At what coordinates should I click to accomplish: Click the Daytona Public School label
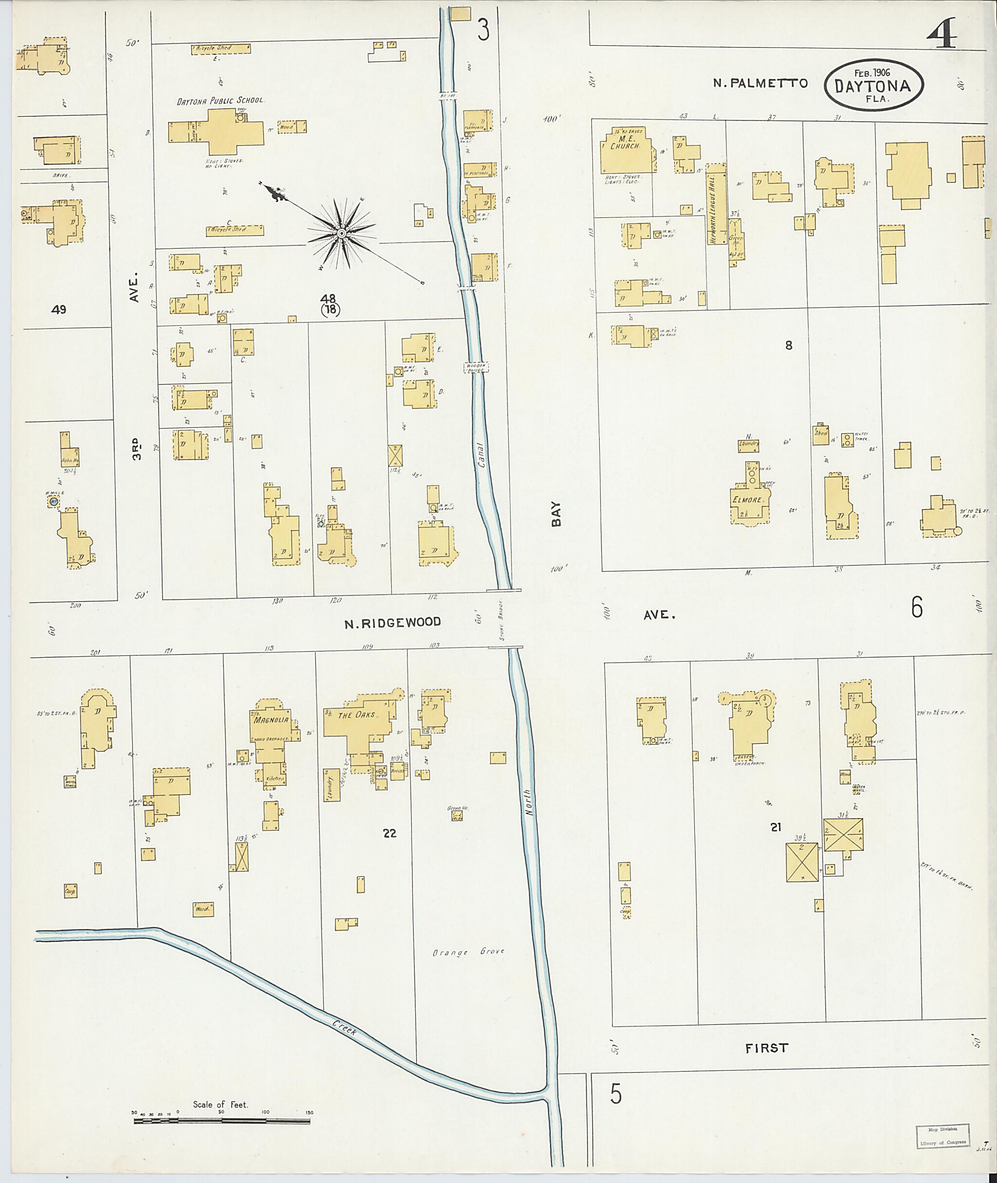[220, 101]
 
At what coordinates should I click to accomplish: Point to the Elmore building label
[749, 500]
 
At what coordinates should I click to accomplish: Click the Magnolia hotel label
[271, 720]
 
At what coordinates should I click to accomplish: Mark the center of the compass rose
[341, 233]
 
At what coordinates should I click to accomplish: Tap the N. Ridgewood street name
[393, 622]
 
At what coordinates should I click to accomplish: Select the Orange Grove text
[468, 952]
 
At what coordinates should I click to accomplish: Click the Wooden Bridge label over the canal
[476, 368]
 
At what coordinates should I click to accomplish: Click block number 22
[389, 833]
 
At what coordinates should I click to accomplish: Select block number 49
[58, 309]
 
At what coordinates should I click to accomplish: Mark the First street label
[766, 1048]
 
